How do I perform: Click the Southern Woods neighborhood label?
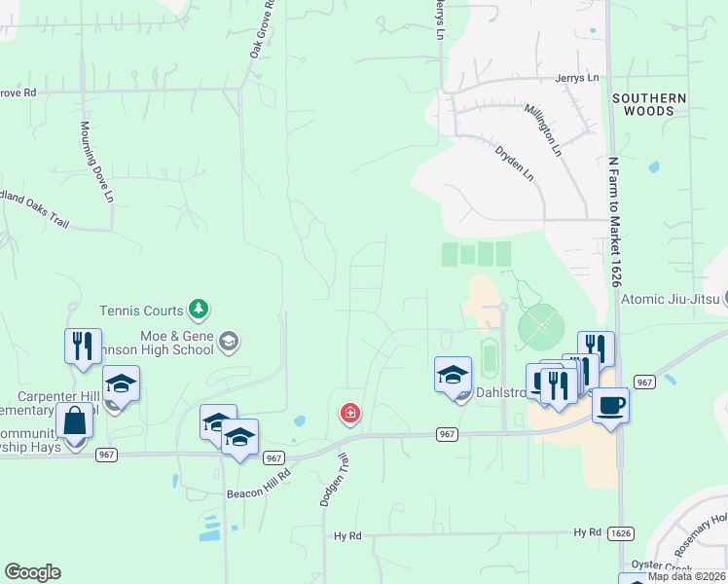point(649,105)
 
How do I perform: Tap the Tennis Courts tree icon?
point(199,310)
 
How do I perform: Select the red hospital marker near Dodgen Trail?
point(349,415)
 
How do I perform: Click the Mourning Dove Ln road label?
point(97,162)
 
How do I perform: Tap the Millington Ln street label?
point(543,131)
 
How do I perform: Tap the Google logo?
point(32,572)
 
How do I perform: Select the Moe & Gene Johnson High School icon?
point(228,341)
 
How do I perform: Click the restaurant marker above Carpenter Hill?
point(83,346)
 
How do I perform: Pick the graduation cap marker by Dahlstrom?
point(454,374)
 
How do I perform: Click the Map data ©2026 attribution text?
point(687,576)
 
